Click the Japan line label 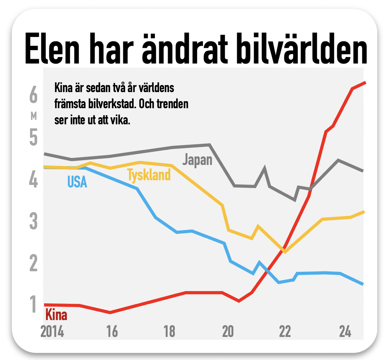[x=197, y=160]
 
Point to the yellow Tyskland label [x=149, y=175]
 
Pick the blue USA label [x=77, y=182]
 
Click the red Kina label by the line [x=56, y=315]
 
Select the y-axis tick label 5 [x=33, y=137]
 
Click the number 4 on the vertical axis [x=33, y=179]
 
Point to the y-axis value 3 [x=33, y=221]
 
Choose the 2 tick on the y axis [x=33, y=263]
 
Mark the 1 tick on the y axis [x=33, y=304]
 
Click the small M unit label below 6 [x=33, y=116]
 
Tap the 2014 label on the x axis [x=52, y=331]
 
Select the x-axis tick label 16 [x=112, y=331]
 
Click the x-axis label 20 [x=228, y=331]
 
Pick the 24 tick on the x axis [x=345, y=331]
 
